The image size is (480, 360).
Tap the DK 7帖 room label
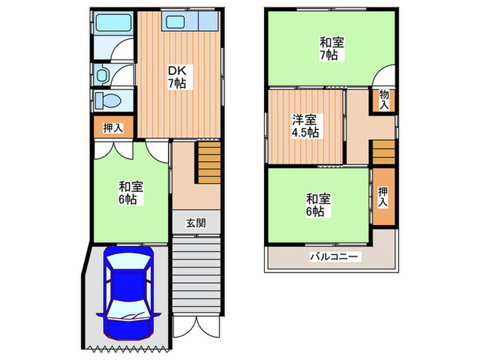[x=176, y=76]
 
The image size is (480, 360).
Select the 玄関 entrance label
[x=196, y=223]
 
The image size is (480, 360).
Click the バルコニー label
[x=333, y=257]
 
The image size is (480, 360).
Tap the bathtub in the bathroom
[x=110, y=25]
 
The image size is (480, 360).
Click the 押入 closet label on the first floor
[x=112, y=128]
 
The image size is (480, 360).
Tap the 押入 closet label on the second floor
[x=383, y=197]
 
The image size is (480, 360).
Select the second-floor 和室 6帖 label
[x=318, y=204]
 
